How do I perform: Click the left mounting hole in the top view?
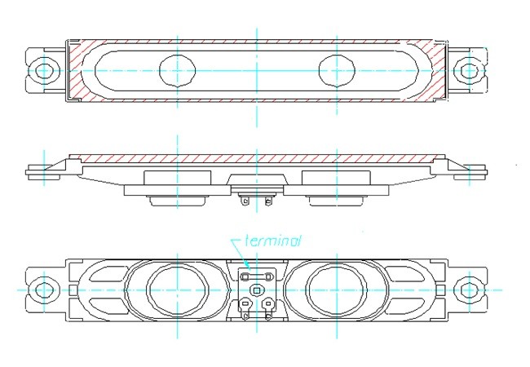(44, 70)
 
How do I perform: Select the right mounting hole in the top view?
(469, 70)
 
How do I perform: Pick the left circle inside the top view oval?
(177, 70)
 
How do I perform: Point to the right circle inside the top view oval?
(336, 70)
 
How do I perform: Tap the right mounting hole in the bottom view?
(469, 290)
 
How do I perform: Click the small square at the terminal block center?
(257, 290)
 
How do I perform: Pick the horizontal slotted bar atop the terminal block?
(256, 276)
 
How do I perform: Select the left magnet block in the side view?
(177, 178)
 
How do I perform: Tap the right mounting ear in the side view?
(471, 171)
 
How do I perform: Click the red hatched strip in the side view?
(256, 157)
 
